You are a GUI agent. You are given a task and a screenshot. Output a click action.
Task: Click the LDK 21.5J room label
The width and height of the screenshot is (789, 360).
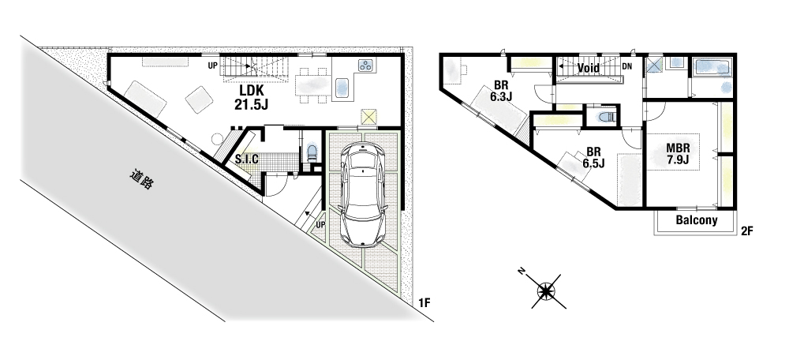251,98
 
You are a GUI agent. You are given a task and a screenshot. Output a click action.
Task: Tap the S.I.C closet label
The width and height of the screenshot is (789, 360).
247,159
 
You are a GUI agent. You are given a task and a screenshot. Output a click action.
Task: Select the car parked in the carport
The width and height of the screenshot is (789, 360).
362,193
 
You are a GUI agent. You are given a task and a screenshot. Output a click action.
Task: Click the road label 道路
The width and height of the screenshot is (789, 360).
141,180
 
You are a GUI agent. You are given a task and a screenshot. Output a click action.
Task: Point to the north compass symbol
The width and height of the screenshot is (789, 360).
546,291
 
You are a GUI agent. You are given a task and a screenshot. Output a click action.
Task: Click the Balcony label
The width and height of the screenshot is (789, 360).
697,220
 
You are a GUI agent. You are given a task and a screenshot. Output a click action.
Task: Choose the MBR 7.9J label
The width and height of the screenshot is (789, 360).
677,154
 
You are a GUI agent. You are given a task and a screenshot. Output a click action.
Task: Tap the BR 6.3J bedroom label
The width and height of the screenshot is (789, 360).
500,91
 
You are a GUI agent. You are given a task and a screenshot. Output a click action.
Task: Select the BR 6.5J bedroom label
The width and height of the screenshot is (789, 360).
593,157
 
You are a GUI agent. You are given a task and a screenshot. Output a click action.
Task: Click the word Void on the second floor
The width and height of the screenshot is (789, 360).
588,68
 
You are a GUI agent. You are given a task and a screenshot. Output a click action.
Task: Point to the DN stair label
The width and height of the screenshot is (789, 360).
626,66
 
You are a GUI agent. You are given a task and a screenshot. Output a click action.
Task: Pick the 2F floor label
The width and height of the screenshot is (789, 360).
746,231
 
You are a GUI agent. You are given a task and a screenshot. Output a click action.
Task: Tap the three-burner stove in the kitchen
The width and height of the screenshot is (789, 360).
366,65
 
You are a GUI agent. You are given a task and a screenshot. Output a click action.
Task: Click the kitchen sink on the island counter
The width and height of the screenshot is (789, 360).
342,88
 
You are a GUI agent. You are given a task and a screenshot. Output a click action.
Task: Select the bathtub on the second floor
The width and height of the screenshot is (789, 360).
712,67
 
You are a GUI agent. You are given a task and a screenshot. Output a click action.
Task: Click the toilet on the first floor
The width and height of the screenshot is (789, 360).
312,152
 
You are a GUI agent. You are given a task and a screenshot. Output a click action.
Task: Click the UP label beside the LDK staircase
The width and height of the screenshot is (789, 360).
213,66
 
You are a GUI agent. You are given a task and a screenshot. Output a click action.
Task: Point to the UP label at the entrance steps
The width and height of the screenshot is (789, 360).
320,224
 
